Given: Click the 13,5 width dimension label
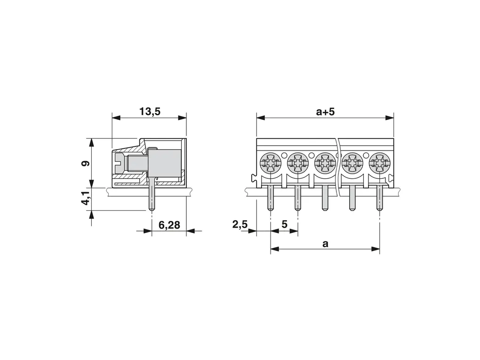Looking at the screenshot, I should (x=150, y=112).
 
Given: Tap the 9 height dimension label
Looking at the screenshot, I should (x=85, y=163).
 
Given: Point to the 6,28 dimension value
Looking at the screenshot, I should (x=169, y=225).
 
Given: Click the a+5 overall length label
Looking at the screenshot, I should (x=325, y=112).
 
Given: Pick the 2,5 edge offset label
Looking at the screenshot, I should (x=240, y=225).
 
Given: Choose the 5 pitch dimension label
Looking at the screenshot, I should (x=284, y=224).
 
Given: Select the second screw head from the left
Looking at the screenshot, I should (x=297, y=164).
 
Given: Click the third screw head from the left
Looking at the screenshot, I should (x=325, y=164).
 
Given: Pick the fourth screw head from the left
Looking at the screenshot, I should (x=352, y=164).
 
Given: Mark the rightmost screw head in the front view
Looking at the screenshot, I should (x=379, y=164).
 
